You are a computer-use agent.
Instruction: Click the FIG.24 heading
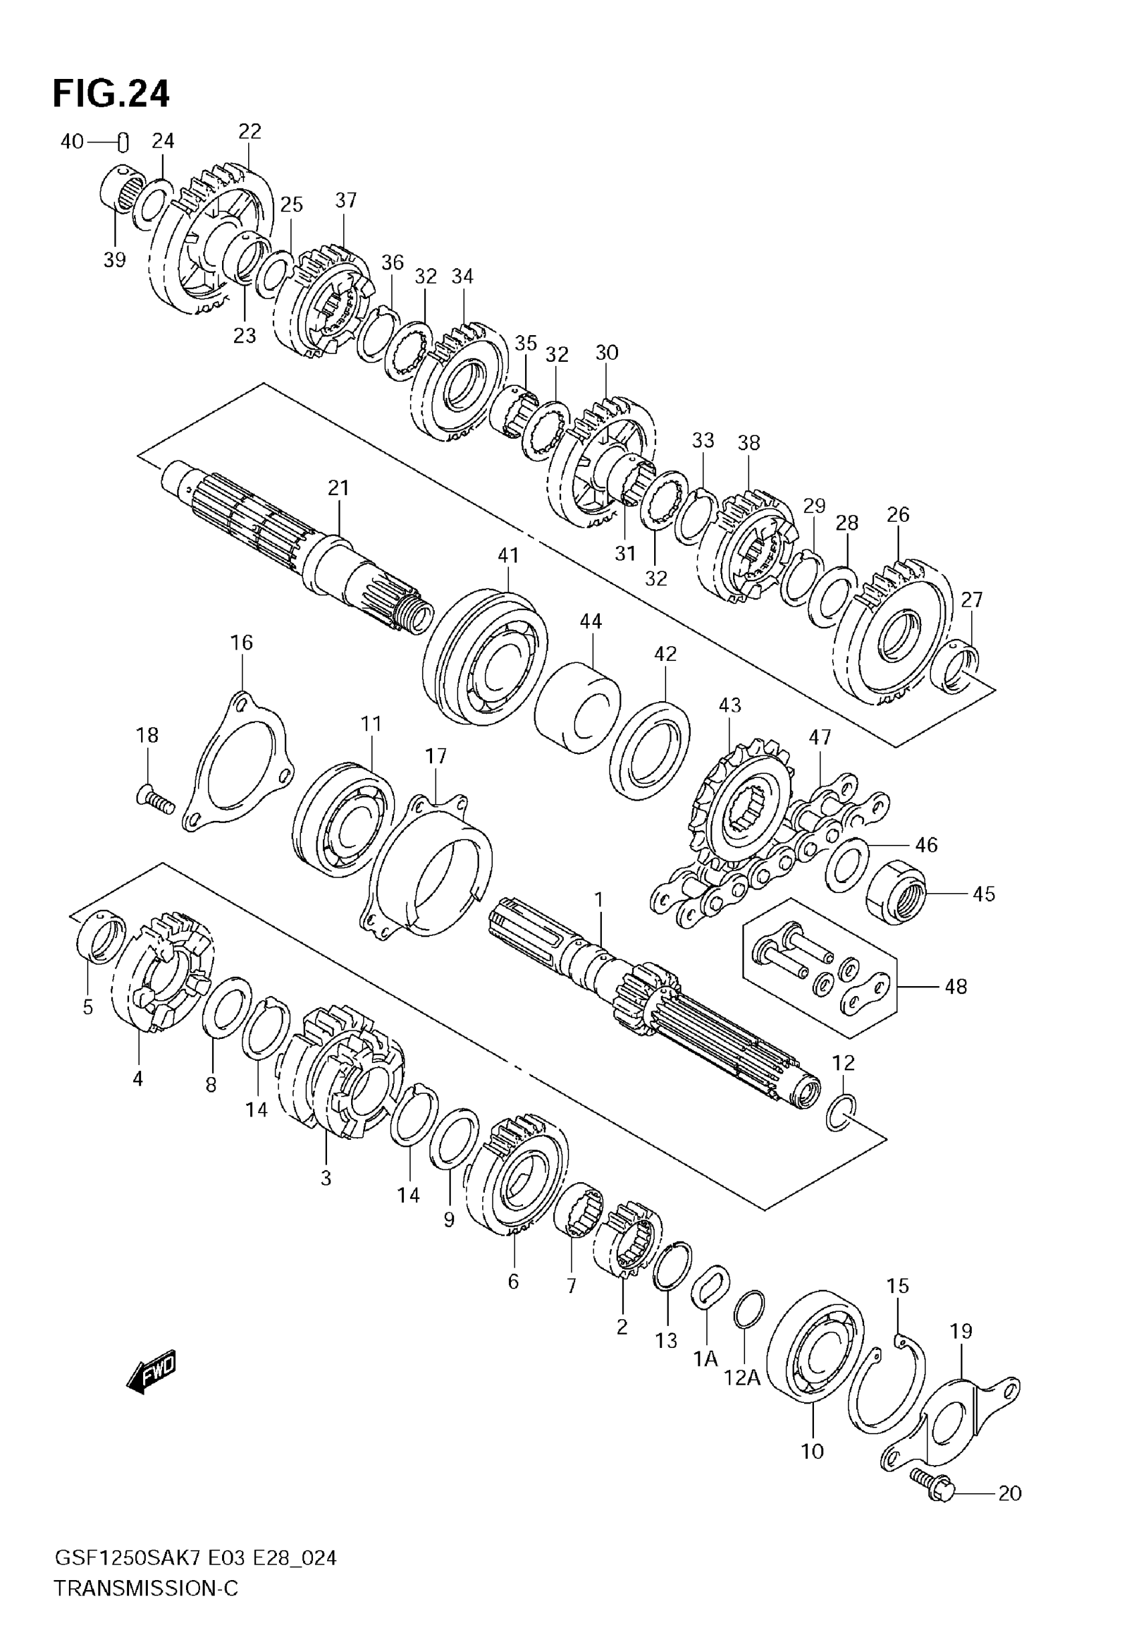click(111, 94)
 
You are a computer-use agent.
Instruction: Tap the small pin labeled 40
click(123, 142)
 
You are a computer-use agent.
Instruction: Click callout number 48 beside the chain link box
click(956, 987)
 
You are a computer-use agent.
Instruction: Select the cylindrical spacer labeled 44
click(577, 709)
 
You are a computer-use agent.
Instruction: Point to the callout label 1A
click(706, 1359)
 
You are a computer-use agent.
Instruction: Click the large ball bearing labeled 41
click(485, 657)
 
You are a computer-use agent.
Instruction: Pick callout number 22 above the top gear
click(249, 131)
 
